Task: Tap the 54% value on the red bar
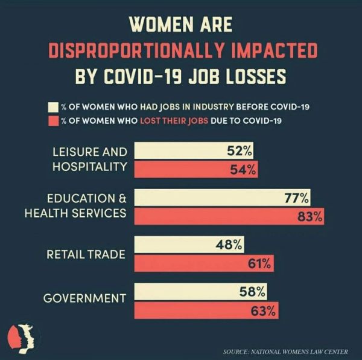point(244,170)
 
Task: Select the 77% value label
point(296,198)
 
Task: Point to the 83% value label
point(310,216)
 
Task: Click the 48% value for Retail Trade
point(229,245)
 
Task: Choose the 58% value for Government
point(252,292)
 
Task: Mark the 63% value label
point(263,310)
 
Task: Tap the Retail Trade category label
point(86,254)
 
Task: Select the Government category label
point(84,298)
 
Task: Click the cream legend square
point(53,108)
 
